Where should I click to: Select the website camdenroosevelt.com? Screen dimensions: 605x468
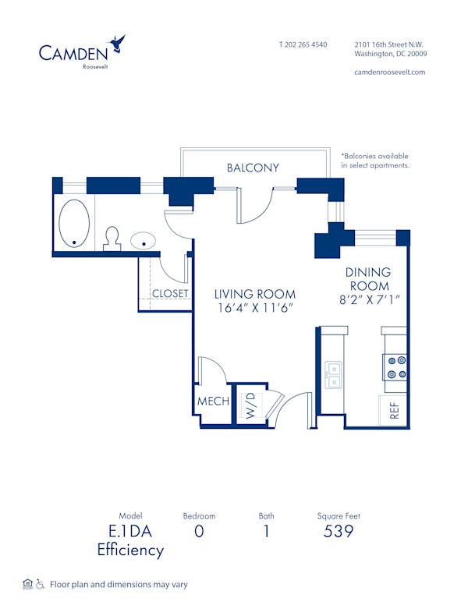coord(390,72)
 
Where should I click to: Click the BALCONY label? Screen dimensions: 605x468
coord(253,168)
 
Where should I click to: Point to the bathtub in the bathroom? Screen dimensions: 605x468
coord(74,223)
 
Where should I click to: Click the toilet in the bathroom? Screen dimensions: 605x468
coord(112,238)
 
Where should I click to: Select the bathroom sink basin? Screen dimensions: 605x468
coord(142,241)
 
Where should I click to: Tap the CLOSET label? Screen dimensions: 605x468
coord(170,294)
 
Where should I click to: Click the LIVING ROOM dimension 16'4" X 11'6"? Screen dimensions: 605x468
coord(255,308)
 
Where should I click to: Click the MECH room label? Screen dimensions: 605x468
coord(213,402)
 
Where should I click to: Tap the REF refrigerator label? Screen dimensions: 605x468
coord(394,411)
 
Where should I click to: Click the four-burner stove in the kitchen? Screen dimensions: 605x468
coord(395,367)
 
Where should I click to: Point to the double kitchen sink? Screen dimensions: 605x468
coord(334,375)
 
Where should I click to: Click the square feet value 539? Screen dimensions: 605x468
coord(339,532)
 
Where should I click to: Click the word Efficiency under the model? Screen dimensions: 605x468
coord(130,550)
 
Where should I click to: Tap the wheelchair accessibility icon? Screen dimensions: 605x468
coord(41,583)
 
